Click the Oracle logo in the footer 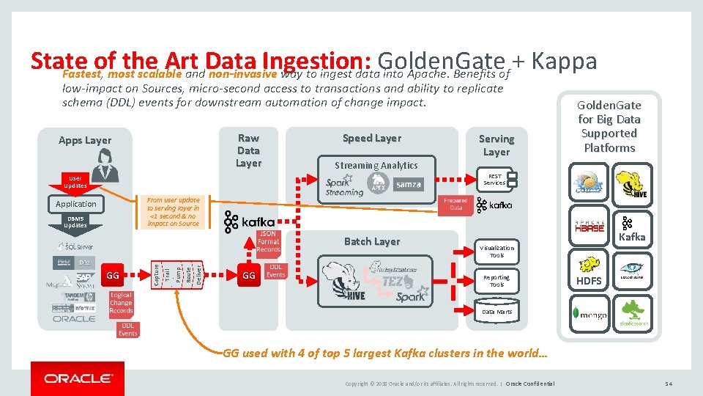pos(78,378)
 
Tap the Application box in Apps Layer pos(76,204)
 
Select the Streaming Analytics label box pos(376,166)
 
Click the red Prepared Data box pos(455,204)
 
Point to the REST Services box pos(495,180)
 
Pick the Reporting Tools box pos(496,281)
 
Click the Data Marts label pos(496,312)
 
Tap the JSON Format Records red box pos(268,241)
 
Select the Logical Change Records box pos(121,303)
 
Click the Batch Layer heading pos(372,241)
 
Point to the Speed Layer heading pos(372,138)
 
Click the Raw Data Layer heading pos(248,150)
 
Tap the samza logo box pos(408,184)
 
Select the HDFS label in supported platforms pos(589,281)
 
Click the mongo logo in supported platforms pos(589,314)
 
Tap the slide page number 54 pos(669,384)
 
